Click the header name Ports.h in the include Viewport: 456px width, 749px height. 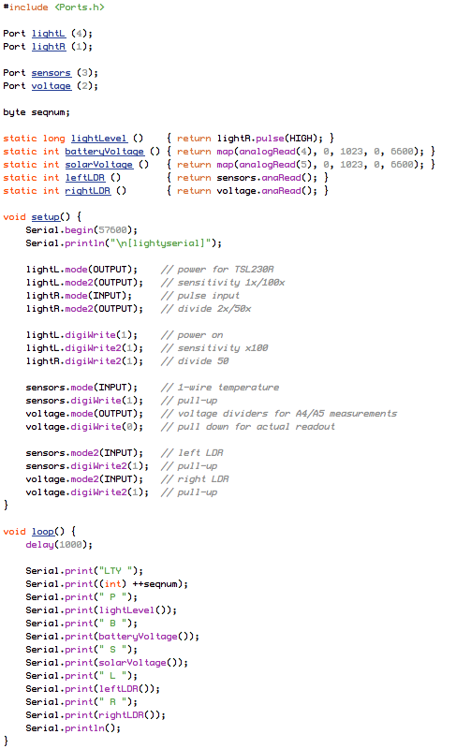(x=80, y=7)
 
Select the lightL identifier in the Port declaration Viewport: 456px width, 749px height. (x=49, y=34)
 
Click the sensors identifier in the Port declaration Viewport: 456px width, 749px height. (x=51, y=73)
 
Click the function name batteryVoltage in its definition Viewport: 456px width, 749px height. (x=105, y=152)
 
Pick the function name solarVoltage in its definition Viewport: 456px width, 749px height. (x=99, y=165)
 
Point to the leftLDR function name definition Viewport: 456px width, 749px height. (x=85, y=178)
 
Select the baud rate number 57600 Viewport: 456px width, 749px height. (x=112, y=230)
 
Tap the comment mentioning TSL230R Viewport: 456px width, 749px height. (x=217, y=270)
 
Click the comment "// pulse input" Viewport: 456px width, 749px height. (x=200, y=296)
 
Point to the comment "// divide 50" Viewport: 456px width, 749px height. (x=195, y=361)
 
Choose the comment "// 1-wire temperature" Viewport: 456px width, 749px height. (x=220, y=388)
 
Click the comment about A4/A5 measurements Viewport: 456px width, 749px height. (x=279, y=414)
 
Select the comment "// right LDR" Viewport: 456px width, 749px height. (x=195, y=479)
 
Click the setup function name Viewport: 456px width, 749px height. (x=46, y=217)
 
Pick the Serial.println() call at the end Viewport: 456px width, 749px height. (x=73, y=728)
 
